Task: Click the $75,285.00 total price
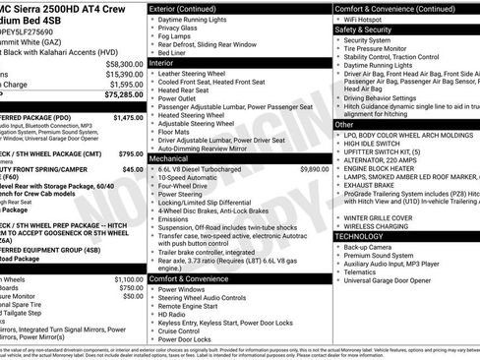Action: click(122, 96)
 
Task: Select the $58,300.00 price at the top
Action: click(124, 62)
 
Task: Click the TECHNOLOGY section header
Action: click(361, 236)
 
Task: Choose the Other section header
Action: click(344, 125)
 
